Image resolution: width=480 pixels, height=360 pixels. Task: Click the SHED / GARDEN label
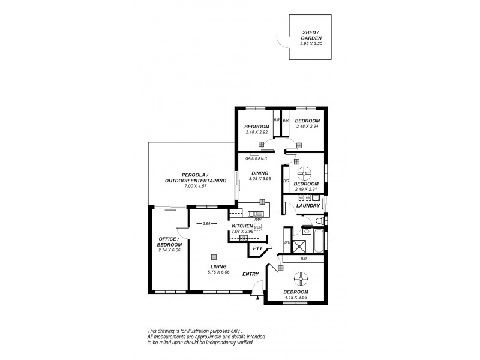[x=308, y=38]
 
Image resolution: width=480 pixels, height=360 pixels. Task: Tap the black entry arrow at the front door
[x=257, y=296]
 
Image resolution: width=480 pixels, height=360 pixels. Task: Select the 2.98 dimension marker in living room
[x=206, y=224]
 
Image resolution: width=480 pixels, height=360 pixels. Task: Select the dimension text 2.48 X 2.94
[x=308, y=126]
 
